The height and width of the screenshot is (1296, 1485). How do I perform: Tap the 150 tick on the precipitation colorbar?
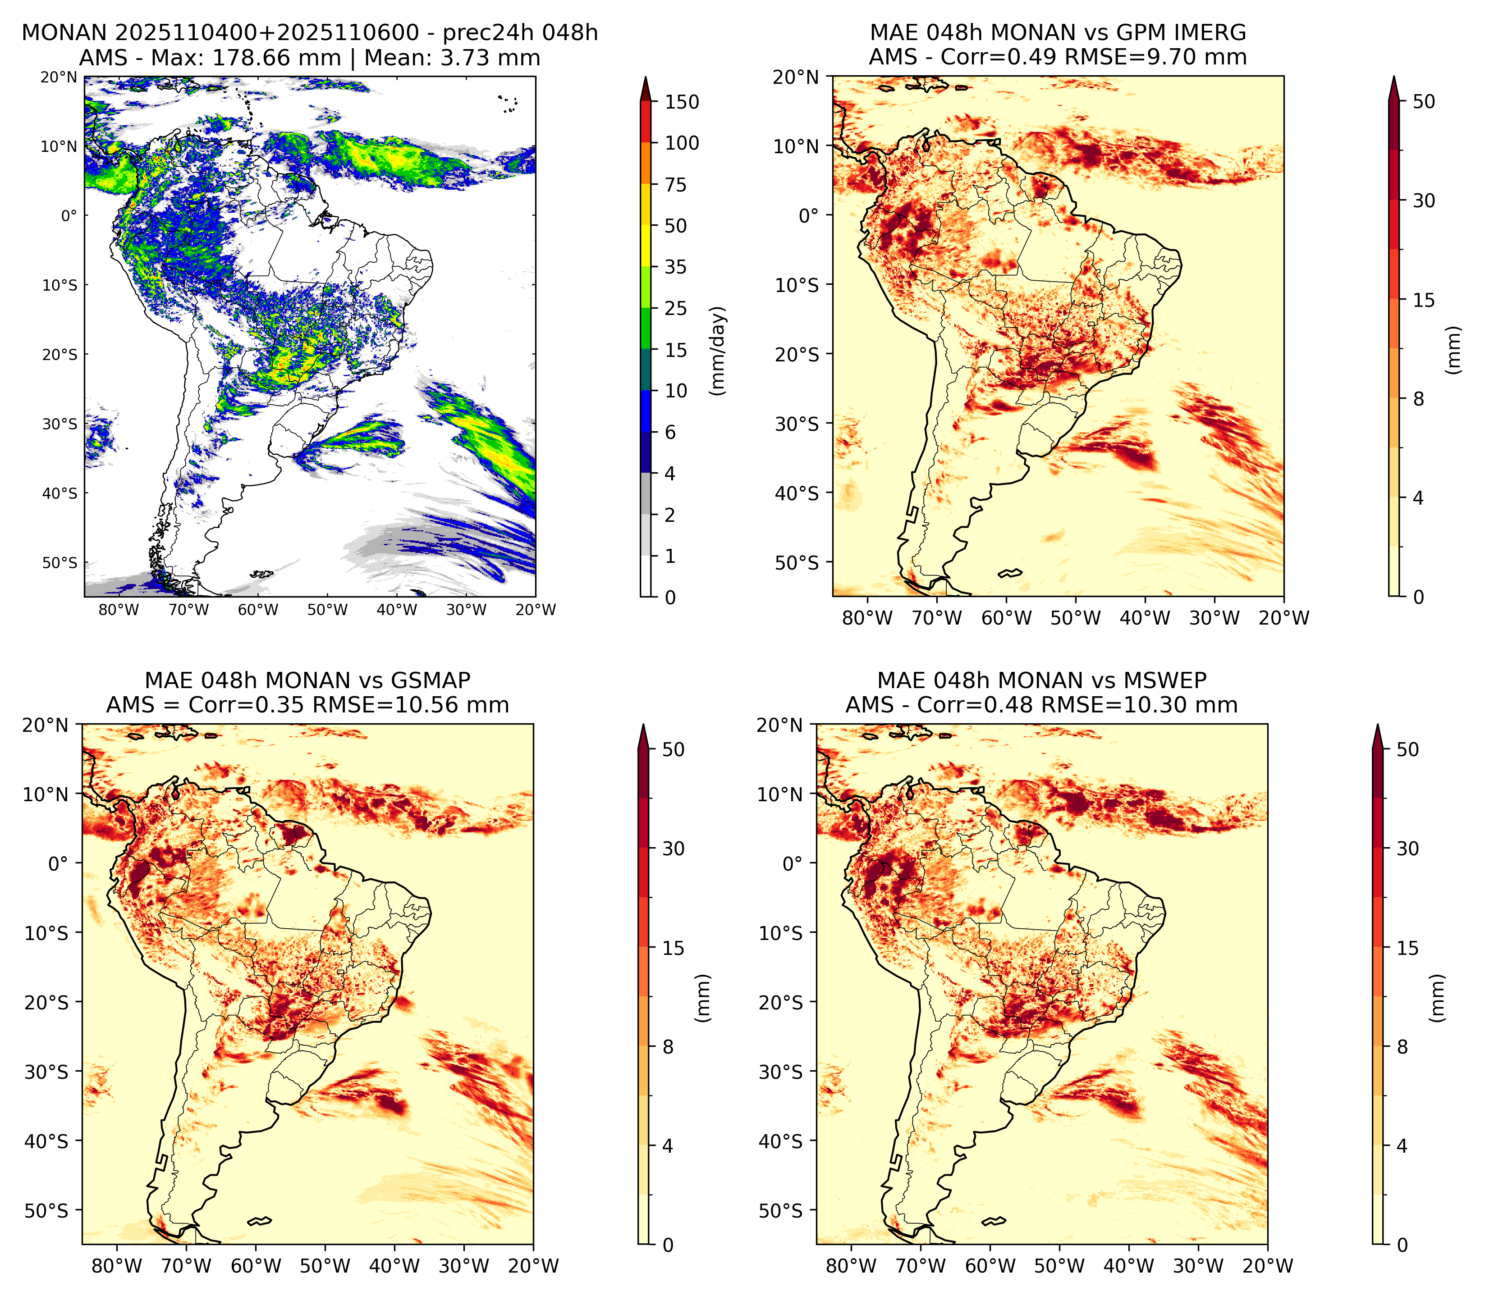coord(682,102)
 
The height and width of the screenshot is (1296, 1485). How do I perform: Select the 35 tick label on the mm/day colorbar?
coord(676,267)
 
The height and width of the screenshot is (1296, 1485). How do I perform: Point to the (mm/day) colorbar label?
coord(718,351)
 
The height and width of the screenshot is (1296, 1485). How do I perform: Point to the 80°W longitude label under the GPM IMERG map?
coord(867,618)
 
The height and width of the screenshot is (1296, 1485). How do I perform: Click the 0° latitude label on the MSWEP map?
coord(793,863)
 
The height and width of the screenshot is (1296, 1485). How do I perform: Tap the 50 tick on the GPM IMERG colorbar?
coord(1424,101)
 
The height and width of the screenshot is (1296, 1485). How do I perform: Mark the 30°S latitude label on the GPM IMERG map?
coord(797,424)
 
